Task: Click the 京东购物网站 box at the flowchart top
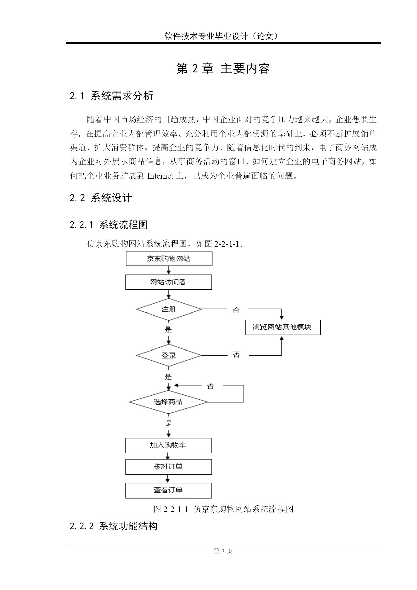pyautogui.click(x=169, y=259)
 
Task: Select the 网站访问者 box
pyautogui.click(x=169, y=282)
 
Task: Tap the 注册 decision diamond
pyautogui.click(x=169, y=309)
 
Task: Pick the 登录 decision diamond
pyautogui.click(x=169, y=355)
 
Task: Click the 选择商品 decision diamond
pyautogui.click(x=169, y=402)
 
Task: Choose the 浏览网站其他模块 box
pyautogui.click(x=283, y=327)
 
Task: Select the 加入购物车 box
pyautogui.click(x=169, y=445)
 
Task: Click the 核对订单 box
pyautogui.click(x=169, y=467)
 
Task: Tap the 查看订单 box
pyautogui.click(x=169, y=490)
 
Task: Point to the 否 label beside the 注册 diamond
pyautogui.click(x=236, y=310)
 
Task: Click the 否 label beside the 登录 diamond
pyautogui.click(x=236, y=355)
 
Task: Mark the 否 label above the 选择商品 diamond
pyautogui.click(x=211, y=386)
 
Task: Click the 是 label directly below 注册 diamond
pyautogui.click(x=168, y=330)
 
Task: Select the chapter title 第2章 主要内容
pyautogui.click(x=223, y=69)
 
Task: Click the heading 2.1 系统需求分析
pyautogui.click(x=112, y=96)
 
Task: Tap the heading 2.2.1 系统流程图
pyautogui.click(x=109, y=225)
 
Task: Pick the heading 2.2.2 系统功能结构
pyautogui.click(x=114, y=526)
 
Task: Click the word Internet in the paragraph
pyautogui.click(x=160, y=176)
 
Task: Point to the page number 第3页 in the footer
pyautogui.click(x=223, y=551)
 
